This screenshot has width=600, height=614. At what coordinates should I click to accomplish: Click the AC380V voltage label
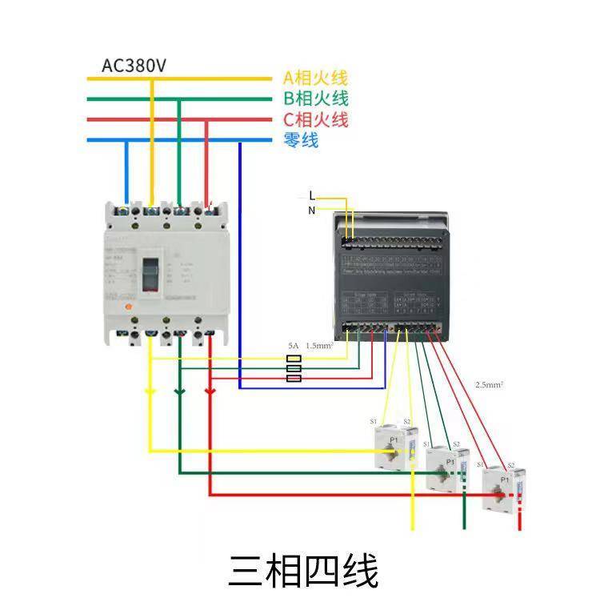[x=134, y=66]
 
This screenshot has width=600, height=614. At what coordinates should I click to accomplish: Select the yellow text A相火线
[x=315, y=78]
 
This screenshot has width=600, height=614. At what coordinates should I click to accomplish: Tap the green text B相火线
[x=315, y=99]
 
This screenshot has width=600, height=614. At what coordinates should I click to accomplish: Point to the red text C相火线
[x=315, y=120]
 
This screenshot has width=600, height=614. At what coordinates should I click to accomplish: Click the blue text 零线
[x=301, y=141]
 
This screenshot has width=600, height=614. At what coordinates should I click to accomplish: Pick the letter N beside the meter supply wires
[x=312, y=211]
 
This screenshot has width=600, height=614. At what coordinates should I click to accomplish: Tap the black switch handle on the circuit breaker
[x=150, y=274]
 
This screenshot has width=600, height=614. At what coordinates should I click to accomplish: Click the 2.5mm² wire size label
[x=489, y=385]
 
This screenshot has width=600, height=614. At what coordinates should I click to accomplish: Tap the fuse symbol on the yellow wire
[x=294, y=359]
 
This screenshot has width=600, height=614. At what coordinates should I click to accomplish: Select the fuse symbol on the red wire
[x=294, y=378]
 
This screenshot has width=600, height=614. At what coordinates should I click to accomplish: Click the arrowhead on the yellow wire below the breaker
[x=150, y=391]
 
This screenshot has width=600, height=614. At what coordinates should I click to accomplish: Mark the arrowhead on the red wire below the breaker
[x=210, y=391]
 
